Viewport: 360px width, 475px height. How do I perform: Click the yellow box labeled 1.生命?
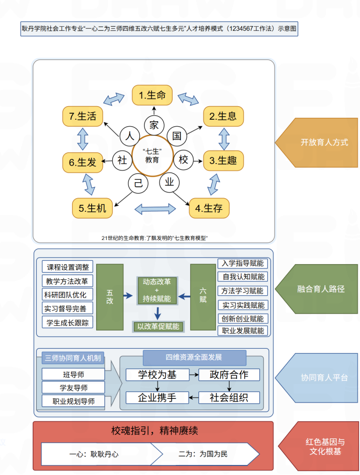(x=153, y=95)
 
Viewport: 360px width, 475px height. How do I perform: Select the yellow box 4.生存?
(x=209, y=208)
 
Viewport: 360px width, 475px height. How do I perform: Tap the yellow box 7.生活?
(x=83, y=116)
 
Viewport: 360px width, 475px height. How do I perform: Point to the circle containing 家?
(x=153, y=124)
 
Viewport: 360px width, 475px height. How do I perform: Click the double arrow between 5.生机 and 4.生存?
(x=155, y=208)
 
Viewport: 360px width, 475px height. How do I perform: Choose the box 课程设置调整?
(x=68, y=268)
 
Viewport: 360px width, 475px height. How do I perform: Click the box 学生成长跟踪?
(x=68, y=322)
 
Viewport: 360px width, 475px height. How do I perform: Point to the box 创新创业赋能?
(x=243, y=319)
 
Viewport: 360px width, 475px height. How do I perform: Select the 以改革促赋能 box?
(x=158, y=326)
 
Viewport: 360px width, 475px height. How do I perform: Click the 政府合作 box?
(x=230, y=374)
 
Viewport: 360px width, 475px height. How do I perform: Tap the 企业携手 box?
(x=158, y=398)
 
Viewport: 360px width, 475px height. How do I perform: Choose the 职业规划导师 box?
(x=74, y=401)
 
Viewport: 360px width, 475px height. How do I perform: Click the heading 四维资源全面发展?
(x=194, y=357)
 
